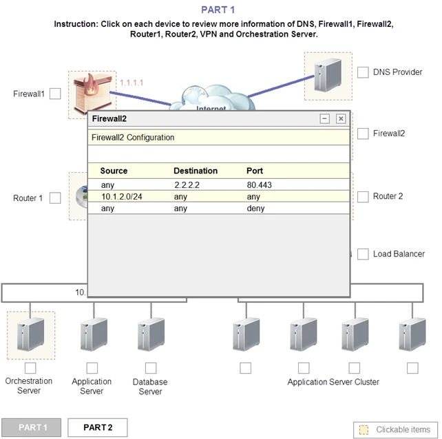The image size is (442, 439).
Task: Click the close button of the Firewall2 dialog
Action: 340,119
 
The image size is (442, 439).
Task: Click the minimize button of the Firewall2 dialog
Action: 325,119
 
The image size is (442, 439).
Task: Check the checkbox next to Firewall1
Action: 55,94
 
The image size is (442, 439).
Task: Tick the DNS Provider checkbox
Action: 363,72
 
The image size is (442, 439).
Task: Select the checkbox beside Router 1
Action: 55,198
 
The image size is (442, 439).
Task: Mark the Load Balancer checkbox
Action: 363,254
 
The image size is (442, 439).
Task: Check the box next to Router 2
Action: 363,197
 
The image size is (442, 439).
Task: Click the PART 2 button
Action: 97,427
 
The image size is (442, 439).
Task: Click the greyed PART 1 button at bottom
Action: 31,427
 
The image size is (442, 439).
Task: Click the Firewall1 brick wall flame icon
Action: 91,94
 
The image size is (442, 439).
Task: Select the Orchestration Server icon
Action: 30,335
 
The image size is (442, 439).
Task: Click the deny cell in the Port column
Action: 255,208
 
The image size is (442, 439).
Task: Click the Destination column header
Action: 196,171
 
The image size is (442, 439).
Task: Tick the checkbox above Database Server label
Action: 151,368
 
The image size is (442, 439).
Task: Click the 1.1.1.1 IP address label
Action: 131,83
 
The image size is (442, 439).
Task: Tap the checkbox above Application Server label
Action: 92,368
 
